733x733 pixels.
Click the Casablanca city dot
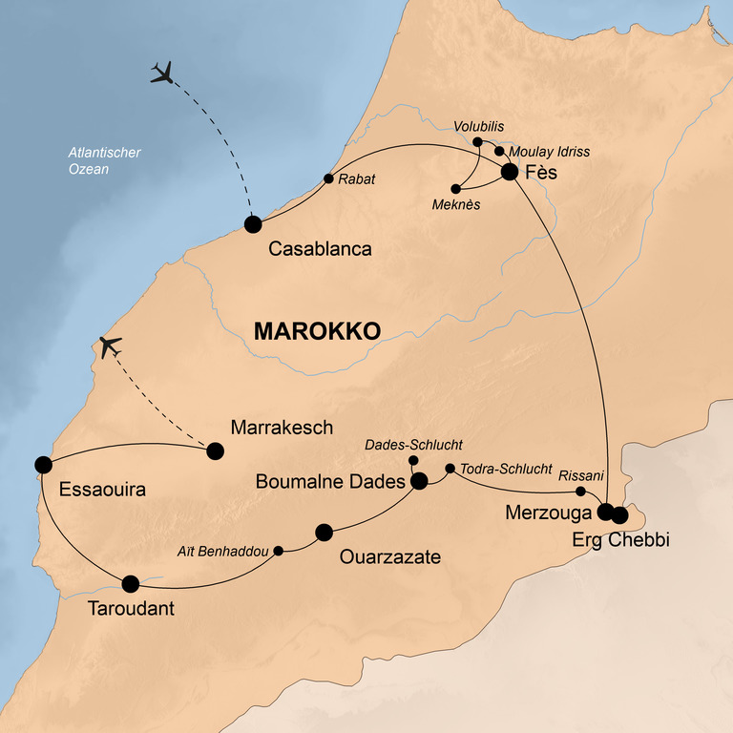[x=253, y=224]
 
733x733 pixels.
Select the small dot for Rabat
[x=328, y=178]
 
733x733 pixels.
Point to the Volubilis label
[x=479, y=126]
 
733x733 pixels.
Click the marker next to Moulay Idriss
[x=499, y=151]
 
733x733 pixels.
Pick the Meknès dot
[x=453, y=187]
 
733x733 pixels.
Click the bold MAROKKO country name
[x=317, y=330]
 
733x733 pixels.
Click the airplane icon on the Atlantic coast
[x=110, y=346]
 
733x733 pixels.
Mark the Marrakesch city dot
[x=216, y=450]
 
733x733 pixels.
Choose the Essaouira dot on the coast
[x=43, y=464]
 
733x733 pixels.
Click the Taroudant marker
[x=131, y=583]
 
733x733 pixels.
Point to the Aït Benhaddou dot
[x=279, y=551]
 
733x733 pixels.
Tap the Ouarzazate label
[x=390, y=556]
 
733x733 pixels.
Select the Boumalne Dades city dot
[x=418, y=482]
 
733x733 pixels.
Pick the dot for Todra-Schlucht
[x=450, y=469]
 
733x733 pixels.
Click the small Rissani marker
[x=580, y=492]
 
